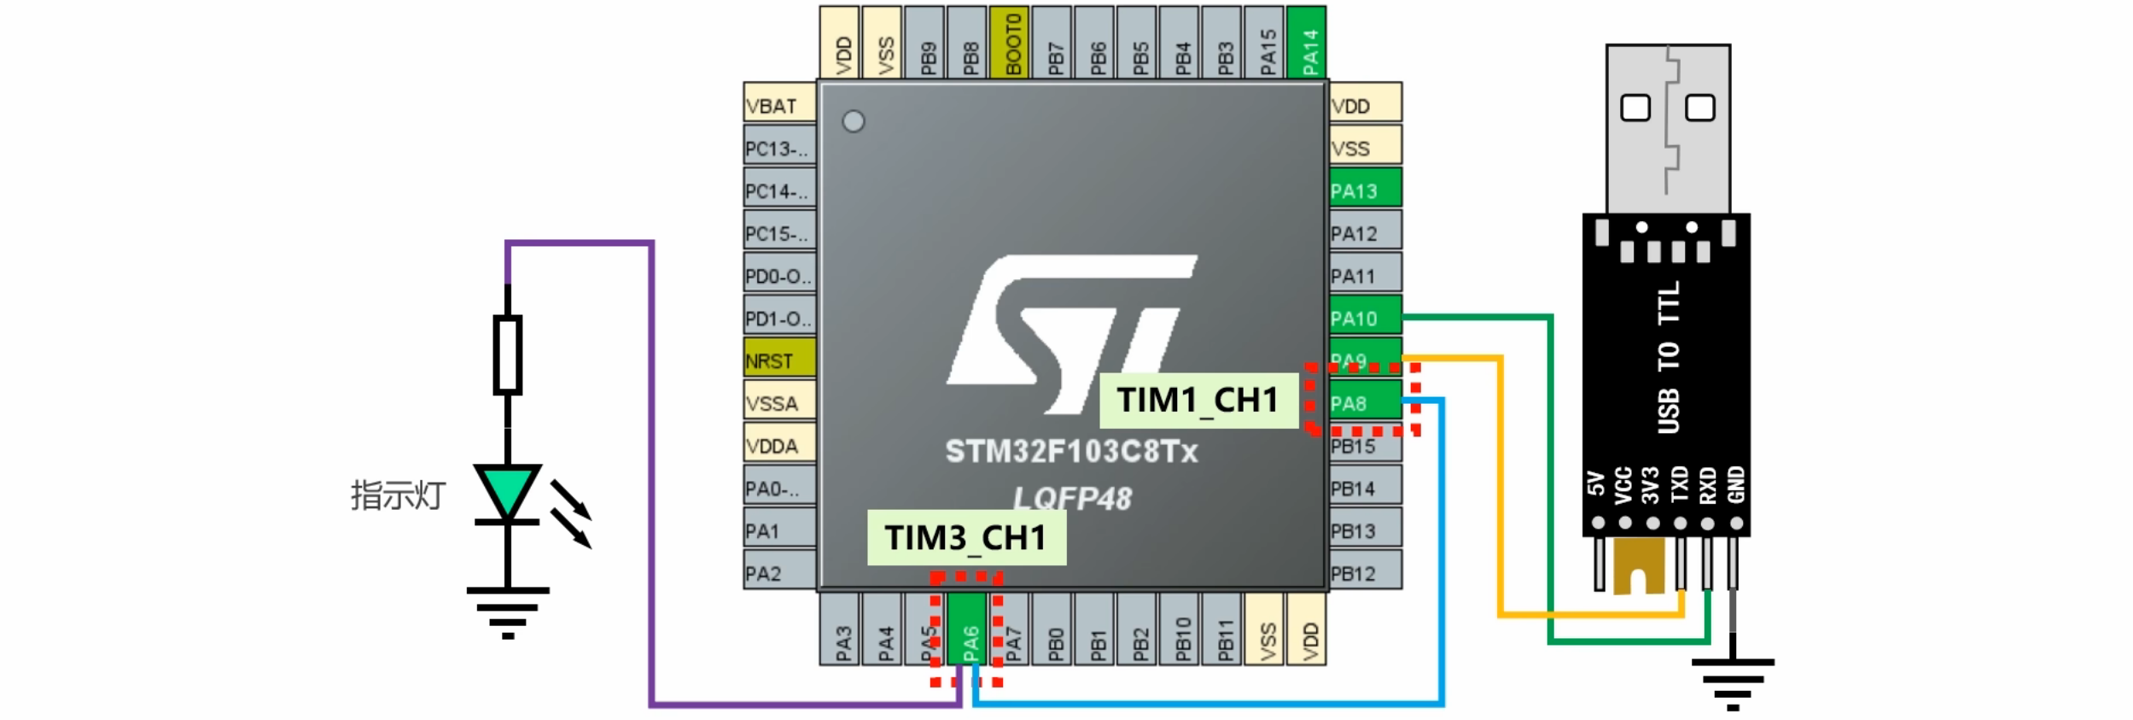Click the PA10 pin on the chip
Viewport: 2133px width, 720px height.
point(1364,318)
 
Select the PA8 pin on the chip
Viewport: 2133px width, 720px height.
point(1364,403)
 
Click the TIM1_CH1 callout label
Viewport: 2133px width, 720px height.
point(1198,400)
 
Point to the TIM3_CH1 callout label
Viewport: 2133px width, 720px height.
point(966,538)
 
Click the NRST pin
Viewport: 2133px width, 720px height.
point(778,360)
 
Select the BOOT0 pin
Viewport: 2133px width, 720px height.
point(1011,43)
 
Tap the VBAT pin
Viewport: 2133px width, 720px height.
point(778,105)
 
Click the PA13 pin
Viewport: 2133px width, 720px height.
point(1364,190)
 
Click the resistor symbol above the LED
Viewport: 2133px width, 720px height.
point(508,354)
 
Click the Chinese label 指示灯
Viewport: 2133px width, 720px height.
point(398,495)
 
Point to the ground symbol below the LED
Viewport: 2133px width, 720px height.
point(508,611)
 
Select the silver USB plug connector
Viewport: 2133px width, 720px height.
point(1668,128)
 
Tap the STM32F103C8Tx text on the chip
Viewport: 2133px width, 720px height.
point(1071,451)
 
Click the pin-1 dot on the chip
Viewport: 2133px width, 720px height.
point(854,121)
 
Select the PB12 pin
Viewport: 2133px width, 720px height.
point(1364,573)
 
